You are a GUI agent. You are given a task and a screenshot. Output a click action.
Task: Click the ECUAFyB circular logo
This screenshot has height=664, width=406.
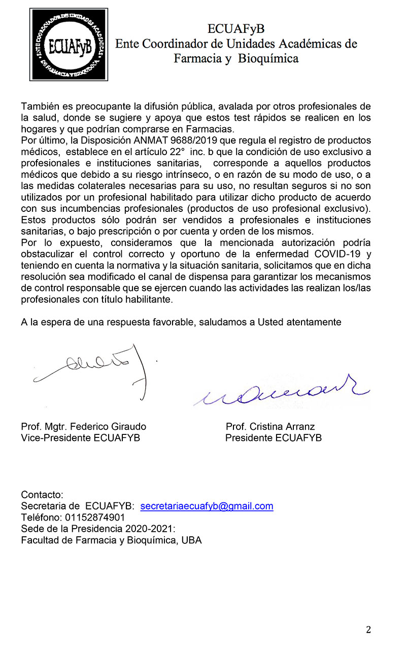coord(69,44)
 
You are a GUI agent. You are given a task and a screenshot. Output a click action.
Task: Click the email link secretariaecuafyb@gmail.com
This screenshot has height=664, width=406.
coord(207,506)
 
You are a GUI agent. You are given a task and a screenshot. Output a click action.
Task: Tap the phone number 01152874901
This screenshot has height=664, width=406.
coord(95,518)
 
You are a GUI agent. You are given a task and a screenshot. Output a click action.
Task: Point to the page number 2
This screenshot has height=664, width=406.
coord(368,630)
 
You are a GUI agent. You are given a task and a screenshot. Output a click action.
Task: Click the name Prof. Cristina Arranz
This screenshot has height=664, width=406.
coord(270,427)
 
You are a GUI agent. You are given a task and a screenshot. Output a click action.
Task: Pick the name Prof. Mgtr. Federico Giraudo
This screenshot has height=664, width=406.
coord(83,427)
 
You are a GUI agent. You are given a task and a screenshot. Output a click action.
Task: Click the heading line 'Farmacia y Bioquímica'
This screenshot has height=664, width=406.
coord(236,59)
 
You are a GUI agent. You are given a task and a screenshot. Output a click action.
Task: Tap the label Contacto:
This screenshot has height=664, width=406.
coord(42,495)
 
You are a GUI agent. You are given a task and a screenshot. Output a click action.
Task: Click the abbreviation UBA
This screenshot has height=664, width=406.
coord(191,540)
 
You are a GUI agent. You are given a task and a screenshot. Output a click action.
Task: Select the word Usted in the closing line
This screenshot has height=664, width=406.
coord(274,322)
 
